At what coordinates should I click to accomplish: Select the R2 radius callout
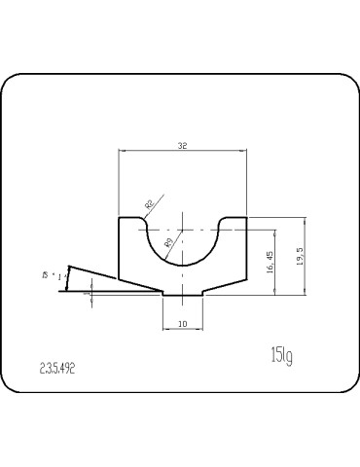pos(149,203)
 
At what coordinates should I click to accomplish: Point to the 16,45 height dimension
pos(270,262)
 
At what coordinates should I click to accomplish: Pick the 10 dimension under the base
pos(182,322)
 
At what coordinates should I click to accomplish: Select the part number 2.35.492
pos(57,369)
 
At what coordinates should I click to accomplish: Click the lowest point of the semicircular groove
pos(182,268)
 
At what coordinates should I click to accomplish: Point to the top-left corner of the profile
pos(119,218)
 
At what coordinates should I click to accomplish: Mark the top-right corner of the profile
pos(246,218)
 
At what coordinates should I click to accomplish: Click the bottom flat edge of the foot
pos(182,295)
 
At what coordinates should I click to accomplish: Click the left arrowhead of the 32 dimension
pos(121,151)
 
